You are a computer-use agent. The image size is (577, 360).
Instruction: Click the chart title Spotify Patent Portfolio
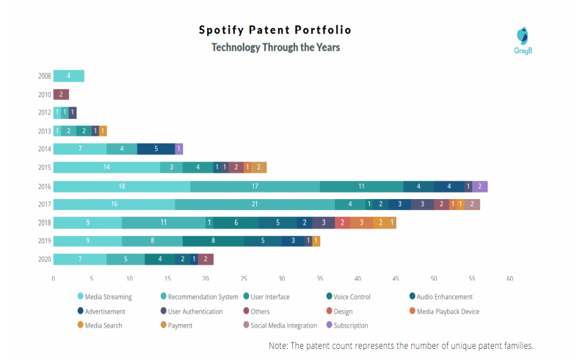(275, 30)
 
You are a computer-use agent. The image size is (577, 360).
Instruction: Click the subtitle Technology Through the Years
(275, 47)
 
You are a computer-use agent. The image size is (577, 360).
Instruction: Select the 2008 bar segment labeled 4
(68, 76)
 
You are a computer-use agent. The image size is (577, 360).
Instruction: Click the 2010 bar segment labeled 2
(61, 94)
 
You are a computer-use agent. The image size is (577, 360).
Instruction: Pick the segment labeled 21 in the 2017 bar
(255, 204)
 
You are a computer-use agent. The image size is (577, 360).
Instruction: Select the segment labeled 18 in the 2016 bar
(121, 186)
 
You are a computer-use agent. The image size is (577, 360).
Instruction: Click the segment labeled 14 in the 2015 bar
(106, 168)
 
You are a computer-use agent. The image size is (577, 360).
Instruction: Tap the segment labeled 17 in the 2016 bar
(255, 186)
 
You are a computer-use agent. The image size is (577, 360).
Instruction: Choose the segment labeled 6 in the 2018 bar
(236, 223)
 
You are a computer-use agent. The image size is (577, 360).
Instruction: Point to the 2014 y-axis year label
(44, 149)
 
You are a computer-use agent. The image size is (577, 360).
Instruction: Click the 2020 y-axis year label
(44, 259)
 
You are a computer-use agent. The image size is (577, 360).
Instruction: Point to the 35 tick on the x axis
(319, 278)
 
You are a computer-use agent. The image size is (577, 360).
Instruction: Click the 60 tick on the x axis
(509, 278)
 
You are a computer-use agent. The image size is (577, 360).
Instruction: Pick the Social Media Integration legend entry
(283, 325)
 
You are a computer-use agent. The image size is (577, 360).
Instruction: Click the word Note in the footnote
(280, 345)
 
